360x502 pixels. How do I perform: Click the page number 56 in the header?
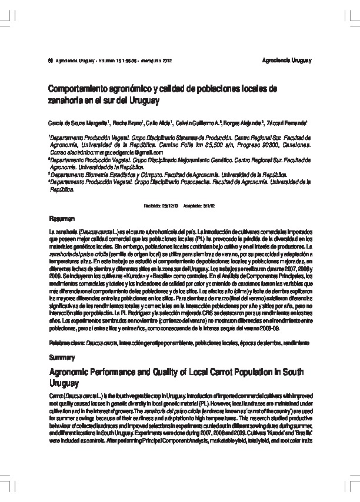click(51, 61)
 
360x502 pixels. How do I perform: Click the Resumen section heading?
click(61, 217)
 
